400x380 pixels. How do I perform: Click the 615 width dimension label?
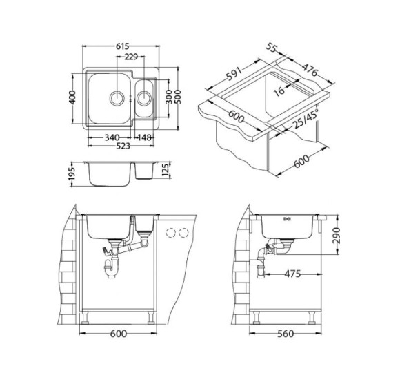pyautogui.click(x=123, y=46)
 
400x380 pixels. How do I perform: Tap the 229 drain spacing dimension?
pyautogui.click(x=131, y=57)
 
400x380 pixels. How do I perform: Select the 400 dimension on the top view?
pyautogui.click(x=72, y=97)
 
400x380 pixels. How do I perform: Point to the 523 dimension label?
pyautogui.click(x=123, y=146)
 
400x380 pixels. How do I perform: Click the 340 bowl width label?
pyautogui.click(x=112, y=137)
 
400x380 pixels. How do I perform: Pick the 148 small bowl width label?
pyautogui.click(x=144, y=137)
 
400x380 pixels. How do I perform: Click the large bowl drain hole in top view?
pyautogui.click(x=117, y=97)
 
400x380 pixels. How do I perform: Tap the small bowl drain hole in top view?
pyautogui.click(x=143, y=97)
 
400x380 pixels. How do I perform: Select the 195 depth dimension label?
pyautogui.click(x=72, y=174)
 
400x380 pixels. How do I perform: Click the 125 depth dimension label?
pyautogui.click(x=166, y=171)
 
